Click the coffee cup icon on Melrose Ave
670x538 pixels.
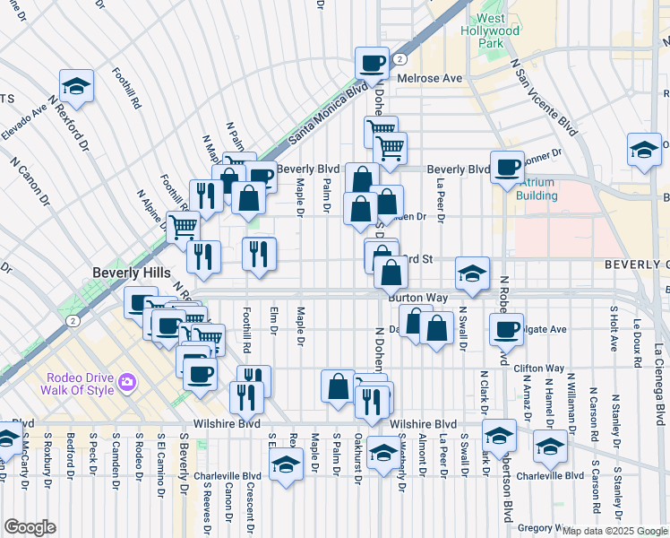click(372, 63)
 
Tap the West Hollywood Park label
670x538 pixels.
click(498, 30)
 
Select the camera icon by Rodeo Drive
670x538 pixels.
click(126, 382)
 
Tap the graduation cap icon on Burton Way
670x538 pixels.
click(472, 273)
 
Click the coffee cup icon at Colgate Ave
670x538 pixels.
click(506, 328)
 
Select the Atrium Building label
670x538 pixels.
click(537, 189)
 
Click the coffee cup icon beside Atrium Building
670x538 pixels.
click(507, 167)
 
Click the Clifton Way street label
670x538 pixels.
click(539, 368)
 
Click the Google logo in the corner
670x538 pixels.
click(29, 527)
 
